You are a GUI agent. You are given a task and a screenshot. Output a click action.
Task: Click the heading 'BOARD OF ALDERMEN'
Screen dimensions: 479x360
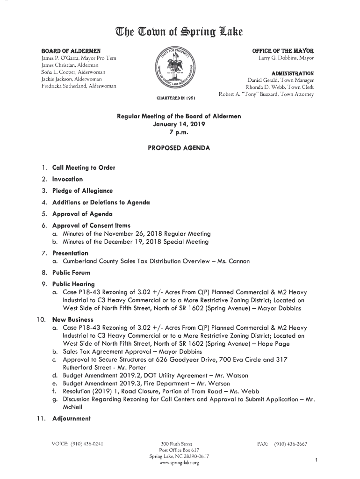tap(67, 50)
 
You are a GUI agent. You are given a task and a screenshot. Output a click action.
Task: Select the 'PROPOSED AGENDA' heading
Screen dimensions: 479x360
tap(179, 148)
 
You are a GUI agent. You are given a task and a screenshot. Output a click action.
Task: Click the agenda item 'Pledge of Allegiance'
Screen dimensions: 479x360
tap(82, 191)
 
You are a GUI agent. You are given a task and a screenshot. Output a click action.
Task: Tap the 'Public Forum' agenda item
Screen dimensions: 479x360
tap(71, 273)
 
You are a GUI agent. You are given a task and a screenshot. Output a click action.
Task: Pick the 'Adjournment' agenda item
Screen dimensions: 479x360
tap(72, 418)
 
